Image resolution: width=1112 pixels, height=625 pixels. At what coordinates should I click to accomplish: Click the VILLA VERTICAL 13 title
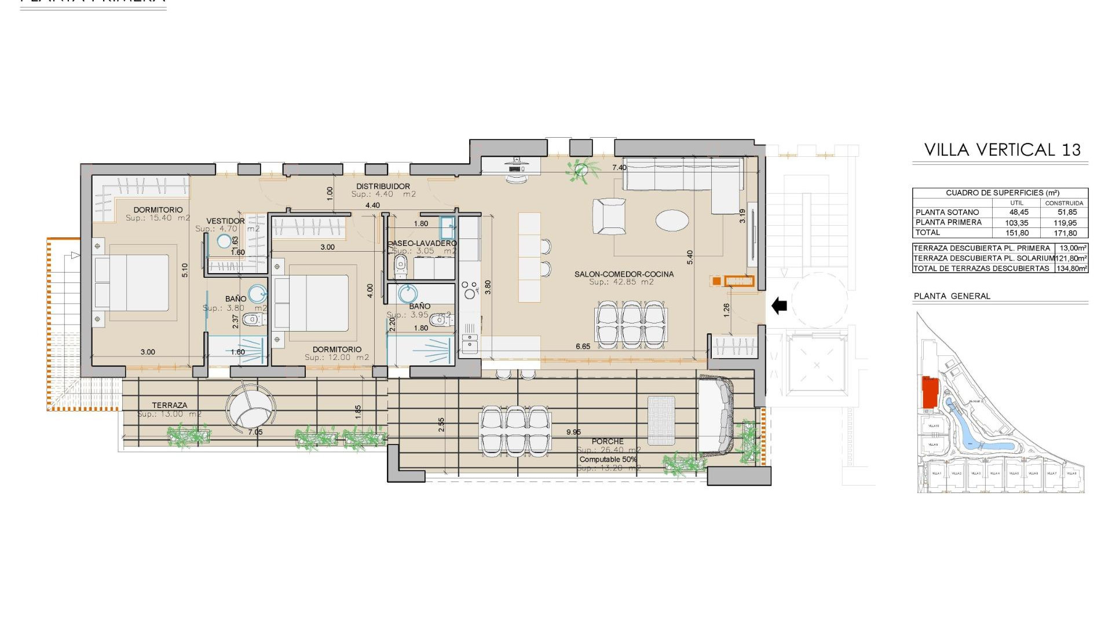pos(1002,150)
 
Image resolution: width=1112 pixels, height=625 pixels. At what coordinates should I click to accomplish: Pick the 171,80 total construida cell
pos(1065,233)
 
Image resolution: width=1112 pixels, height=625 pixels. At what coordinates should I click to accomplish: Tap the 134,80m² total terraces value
pos(1071,268)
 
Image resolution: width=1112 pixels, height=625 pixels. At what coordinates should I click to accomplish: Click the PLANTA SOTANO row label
pos(947,212)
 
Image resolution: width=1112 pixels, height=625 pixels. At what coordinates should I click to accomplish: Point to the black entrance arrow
pos(780,305)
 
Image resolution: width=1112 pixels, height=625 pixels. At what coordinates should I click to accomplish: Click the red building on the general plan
pos(930,392)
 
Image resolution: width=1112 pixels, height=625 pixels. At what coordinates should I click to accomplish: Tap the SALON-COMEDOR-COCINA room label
pos(624,274)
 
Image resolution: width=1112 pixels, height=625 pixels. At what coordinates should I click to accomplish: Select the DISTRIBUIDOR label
pos(383,186)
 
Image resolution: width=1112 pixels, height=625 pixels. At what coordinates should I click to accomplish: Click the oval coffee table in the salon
pos(672,220)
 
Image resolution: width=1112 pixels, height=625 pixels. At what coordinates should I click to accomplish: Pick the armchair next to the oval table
pos(609,216)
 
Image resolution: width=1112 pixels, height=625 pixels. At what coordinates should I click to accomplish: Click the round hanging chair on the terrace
pos(250,407)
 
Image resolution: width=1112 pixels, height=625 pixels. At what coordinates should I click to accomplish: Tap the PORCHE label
pos(608,441)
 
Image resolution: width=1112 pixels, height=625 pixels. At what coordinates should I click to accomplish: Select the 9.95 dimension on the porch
pos(573,432)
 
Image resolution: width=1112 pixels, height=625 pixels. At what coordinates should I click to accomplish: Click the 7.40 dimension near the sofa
pos(619,168)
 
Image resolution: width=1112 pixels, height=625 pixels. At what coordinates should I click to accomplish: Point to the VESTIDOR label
pos(225,221)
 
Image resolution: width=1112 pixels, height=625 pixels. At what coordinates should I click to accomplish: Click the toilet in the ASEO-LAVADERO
pos(400,267)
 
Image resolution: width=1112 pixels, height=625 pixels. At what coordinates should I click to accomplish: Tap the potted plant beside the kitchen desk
pos(580,170)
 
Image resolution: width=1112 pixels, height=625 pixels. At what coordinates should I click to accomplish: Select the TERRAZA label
pos(169,405)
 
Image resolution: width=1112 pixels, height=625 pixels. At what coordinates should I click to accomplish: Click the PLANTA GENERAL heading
pos(952,296)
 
